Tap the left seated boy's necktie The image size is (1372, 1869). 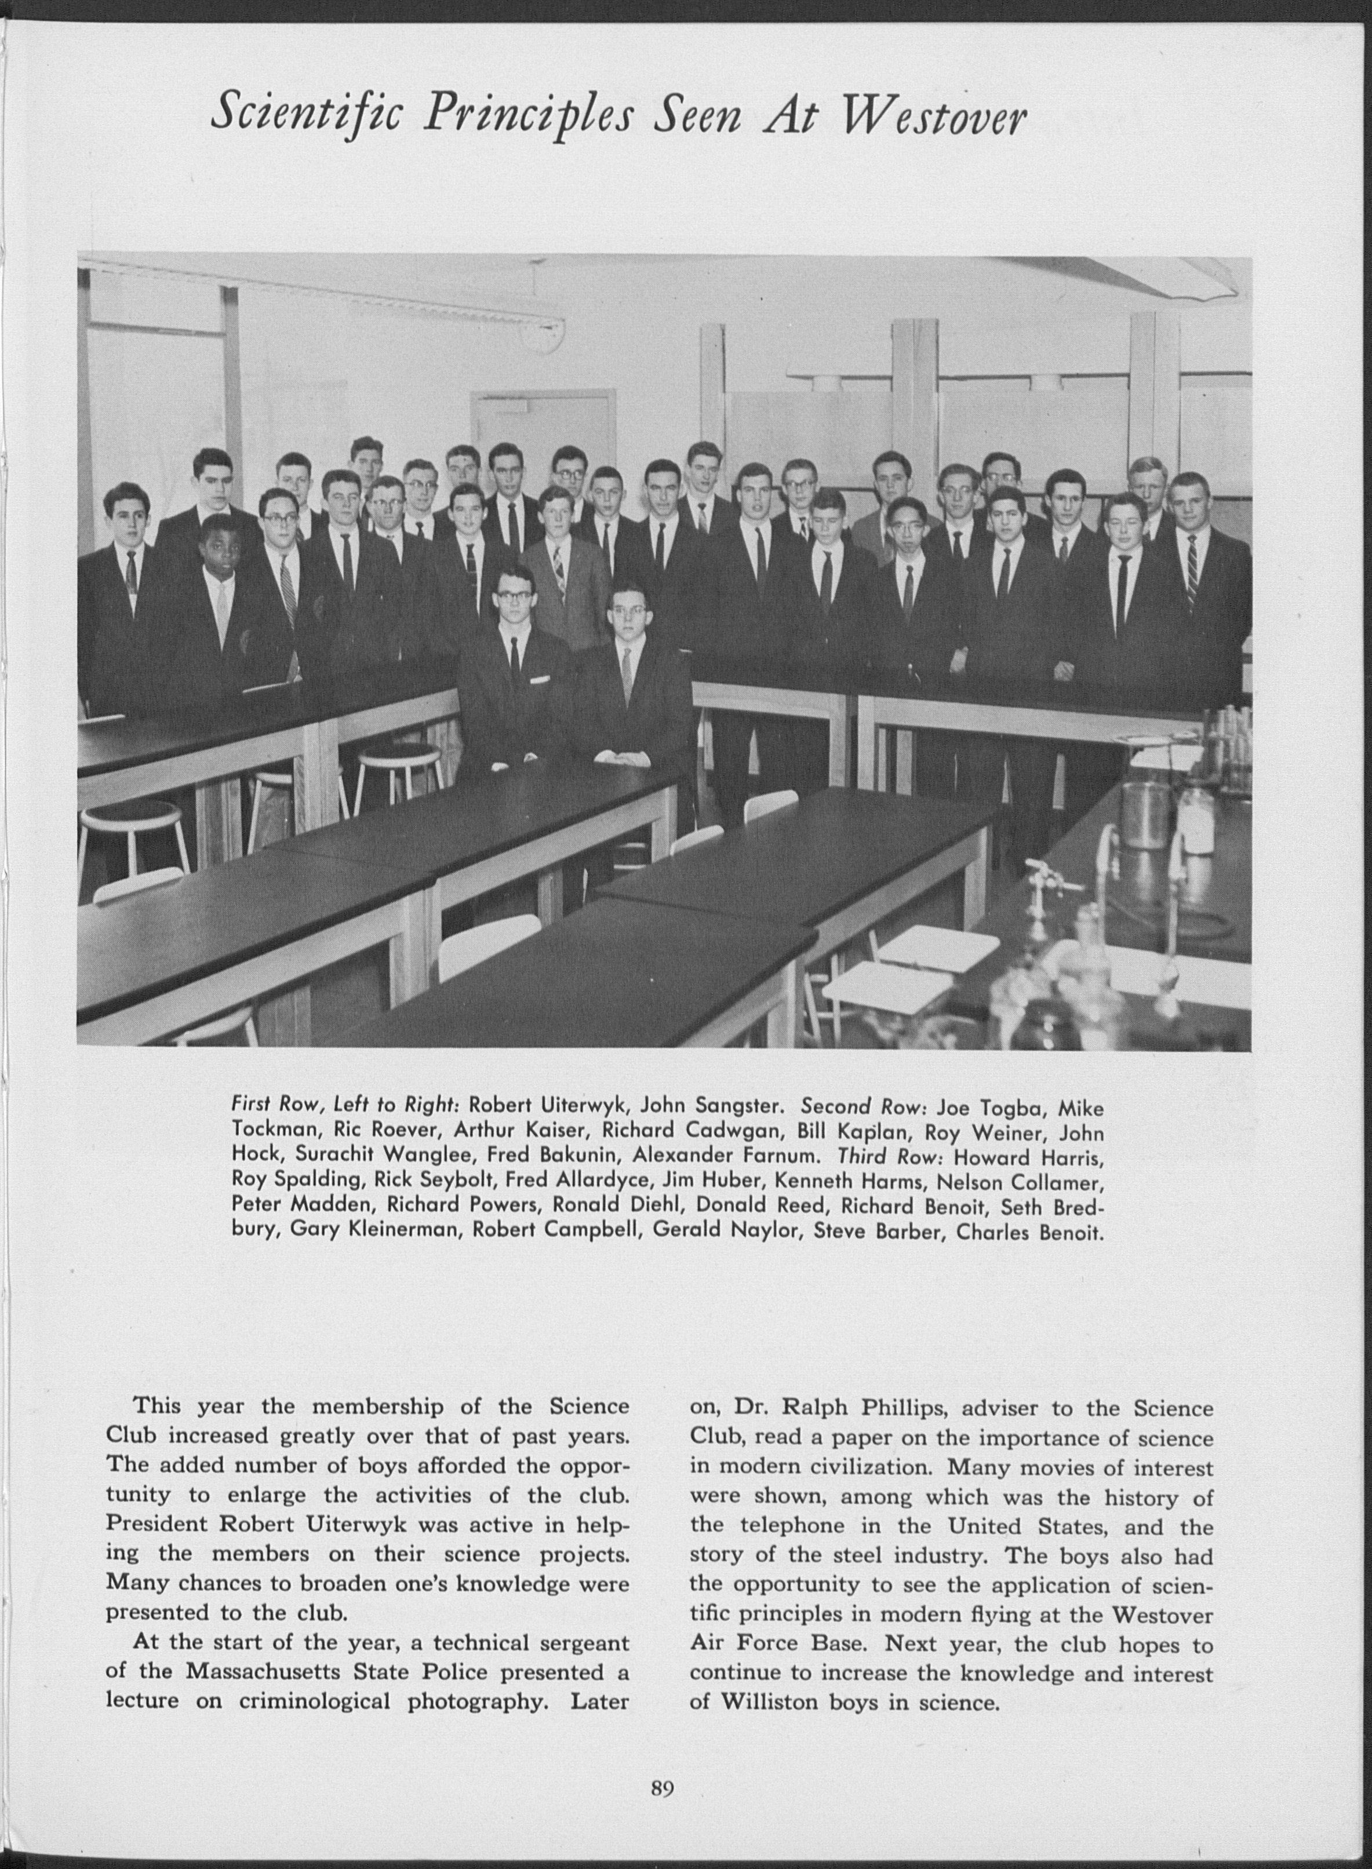[515, 656]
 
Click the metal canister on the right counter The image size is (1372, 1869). [1144, 814]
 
